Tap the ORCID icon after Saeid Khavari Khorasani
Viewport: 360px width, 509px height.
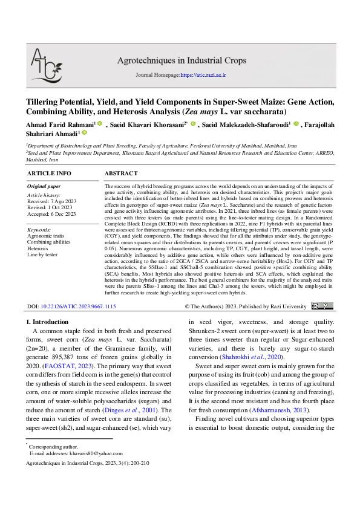point(193,123)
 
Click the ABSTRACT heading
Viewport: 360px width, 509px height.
point(121,173)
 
